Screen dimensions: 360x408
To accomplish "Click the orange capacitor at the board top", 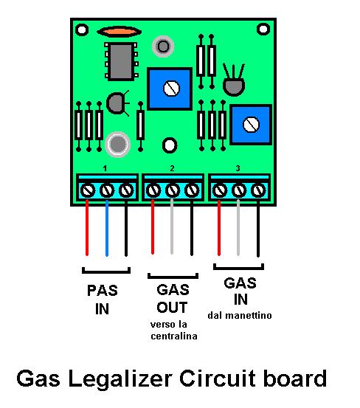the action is click(x=119, y=32).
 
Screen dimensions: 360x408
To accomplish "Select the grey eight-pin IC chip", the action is click(x=121, y=61).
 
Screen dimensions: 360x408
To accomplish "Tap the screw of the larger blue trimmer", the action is click(x=171, y=89).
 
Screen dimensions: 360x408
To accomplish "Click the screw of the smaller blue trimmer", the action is click(x=251, y=125).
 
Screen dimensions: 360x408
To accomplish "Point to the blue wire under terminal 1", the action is click(x=107, y=228).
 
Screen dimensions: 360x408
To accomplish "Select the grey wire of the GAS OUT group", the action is click(x=172, y=227).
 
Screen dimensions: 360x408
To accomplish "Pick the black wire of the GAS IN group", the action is click(x=258, y=228).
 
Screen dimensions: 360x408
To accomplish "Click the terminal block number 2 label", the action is click(x=172, y=169).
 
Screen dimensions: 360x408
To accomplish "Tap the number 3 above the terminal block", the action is click(x=238, y=168).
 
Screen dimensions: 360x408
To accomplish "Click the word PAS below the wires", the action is click(x=103, y=291).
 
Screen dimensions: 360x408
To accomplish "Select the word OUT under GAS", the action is click(x=172, y=308).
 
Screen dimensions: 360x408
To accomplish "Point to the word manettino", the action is click(x=248, y=315).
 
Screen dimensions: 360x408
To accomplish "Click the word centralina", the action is click(x=174, y=336).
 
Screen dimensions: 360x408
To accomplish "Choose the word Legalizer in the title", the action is click(x=120, y=379).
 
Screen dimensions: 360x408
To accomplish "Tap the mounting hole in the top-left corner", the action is click(x=82, y=30).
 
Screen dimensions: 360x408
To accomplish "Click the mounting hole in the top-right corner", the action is click(x=263, y=29).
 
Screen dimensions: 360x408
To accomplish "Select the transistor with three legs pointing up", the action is click(x=234, y=80).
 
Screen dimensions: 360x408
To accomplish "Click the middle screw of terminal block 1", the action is click(x=107, y=190).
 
